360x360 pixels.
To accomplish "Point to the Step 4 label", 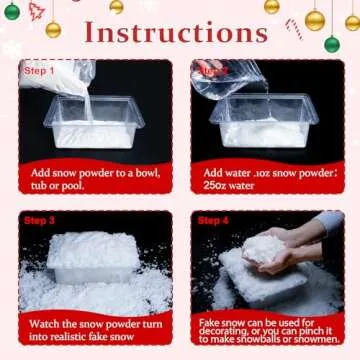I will tap(213, 219).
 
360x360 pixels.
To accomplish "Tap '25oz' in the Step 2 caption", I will tap(211, 187).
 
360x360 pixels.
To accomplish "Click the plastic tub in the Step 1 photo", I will tap(95, 125).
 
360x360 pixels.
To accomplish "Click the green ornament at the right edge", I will tap(332, 43).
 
